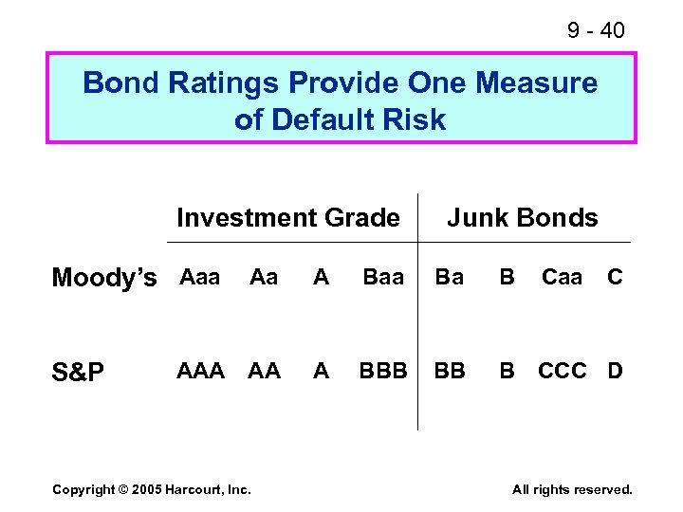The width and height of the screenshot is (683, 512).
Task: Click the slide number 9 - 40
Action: pos(596,30)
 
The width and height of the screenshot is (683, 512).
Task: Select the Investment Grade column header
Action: pos(287,218)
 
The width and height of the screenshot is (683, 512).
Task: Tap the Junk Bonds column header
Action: pos(522,218)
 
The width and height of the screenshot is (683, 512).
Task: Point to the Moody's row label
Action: pos(104,278)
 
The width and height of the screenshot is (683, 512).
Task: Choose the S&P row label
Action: pos(79,372)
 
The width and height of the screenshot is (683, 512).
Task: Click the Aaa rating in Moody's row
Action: pos(199,277)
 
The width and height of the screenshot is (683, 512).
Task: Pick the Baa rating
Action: pos(383,277)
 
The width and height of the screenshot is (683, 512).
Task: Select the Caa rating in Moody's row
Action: pos(562,277)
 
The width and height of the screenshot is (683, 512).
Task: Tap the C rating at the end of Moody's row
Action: pos(615,277)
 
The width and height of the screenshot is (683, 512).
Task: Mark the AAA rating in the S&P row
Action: pos(201,371)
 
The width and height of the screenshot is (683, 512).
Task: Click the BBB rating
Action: pos(383,371)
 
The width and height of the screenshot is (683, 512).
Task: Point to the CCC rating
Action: pos(563,371)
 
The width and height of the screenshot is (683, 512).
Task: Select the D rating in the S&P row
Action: pos(615,371)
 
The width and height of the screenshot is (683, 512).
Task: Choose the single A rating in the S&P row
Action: pos(322,371)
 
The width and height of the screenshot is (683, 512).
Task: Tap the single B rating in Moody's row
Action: pos(508,277)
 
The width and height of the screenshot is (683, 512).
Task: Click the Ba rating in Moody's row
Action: pos(450,277)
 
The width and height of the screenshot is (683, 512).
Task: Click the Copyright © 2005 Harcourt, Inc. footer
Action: pos(152,489)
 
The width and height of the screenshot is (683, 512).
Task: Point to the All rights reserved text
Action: pos(572,489)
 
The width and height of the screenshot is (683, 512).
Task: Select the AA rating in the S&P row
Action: pos(264,371)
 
